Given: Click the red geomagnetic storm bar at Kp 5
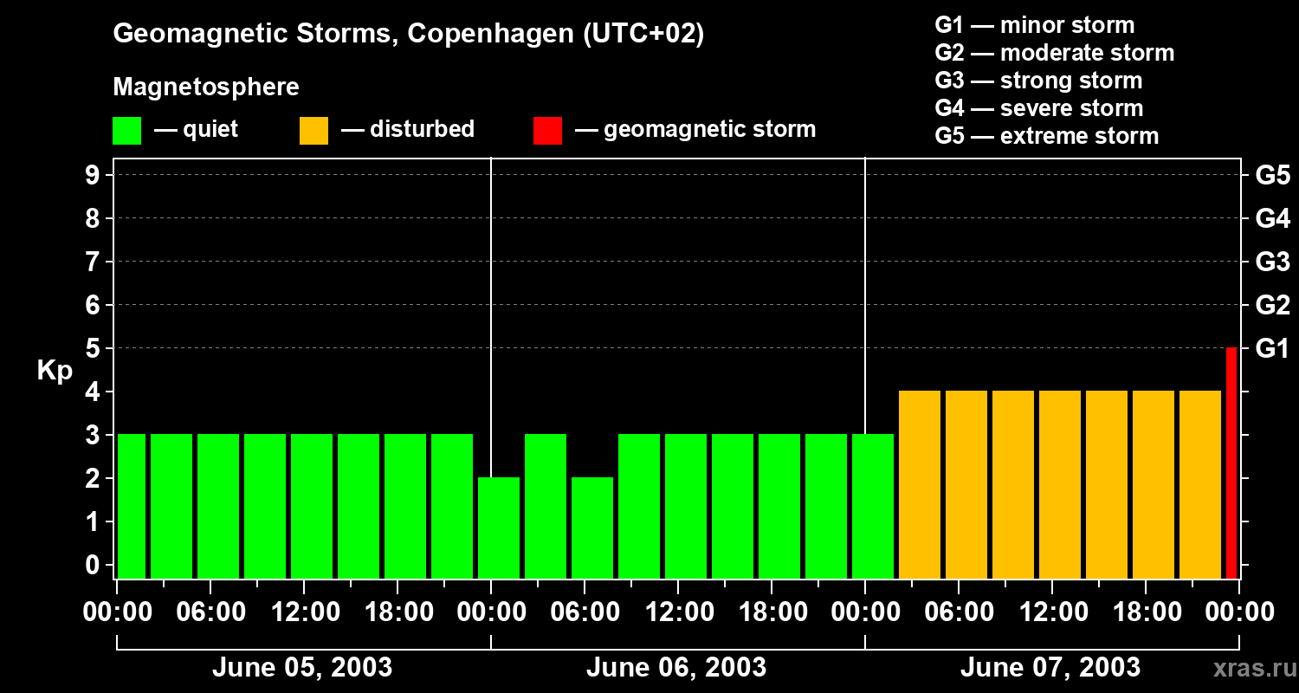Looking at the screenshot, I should coord(1231,463).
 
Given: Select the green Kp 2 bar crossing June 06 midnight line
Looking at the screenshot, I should coord(499,528).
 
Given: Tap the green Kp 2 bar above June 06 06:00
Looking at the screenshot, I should coord(592,528).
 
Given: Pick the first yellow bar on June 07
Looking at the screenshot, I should coord(920,484).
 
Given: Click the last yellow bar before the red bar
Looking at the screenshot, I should coord(1200,484).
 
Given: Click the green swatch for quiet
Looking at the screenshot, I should coord(127,131).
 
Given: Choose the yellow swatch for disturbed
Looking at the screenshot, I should coord(313,131).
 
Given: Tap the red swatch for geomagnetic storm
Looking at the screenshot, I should coord(548,131).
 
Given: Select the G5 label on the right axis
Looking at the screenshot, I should coord(1272,176).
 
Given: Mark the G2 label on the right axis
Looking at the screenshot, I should coord(1272,306).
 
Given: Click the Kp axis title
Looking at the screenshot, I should coord(55,371).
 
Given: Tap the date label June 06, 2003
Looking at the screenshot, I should coord(676,668).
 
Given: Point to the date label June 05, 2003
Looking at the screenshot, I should coord(302,668).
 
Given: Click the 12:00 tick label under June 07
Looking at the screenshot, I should coord(1051,612).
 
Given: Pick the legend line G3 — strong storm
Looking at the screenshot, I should coord(1038,81).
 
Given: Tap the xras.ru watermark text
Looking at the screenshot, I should coord(1252,669).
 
